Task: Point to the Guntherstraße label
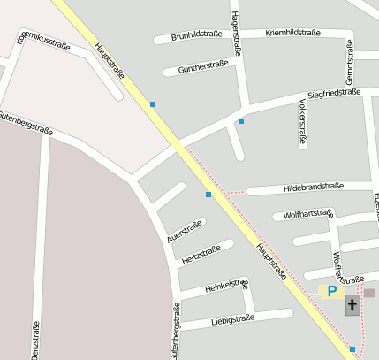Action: (203, 65)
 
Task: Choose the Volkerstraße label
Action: (302, 120)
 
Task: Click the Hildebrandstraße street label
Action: (313, 188)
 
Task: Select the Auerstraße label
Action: (185, 230)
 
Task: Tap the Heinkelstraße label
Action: (226, 286)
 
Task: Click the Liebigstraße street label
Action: (233, 318)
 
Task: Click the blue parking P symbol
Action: (332, 291)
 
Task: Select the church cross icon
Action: (352, 306)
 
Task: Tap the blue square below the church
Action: (352, 349)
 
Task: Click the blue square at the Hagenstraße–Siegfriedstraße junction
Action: (240, 120)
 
